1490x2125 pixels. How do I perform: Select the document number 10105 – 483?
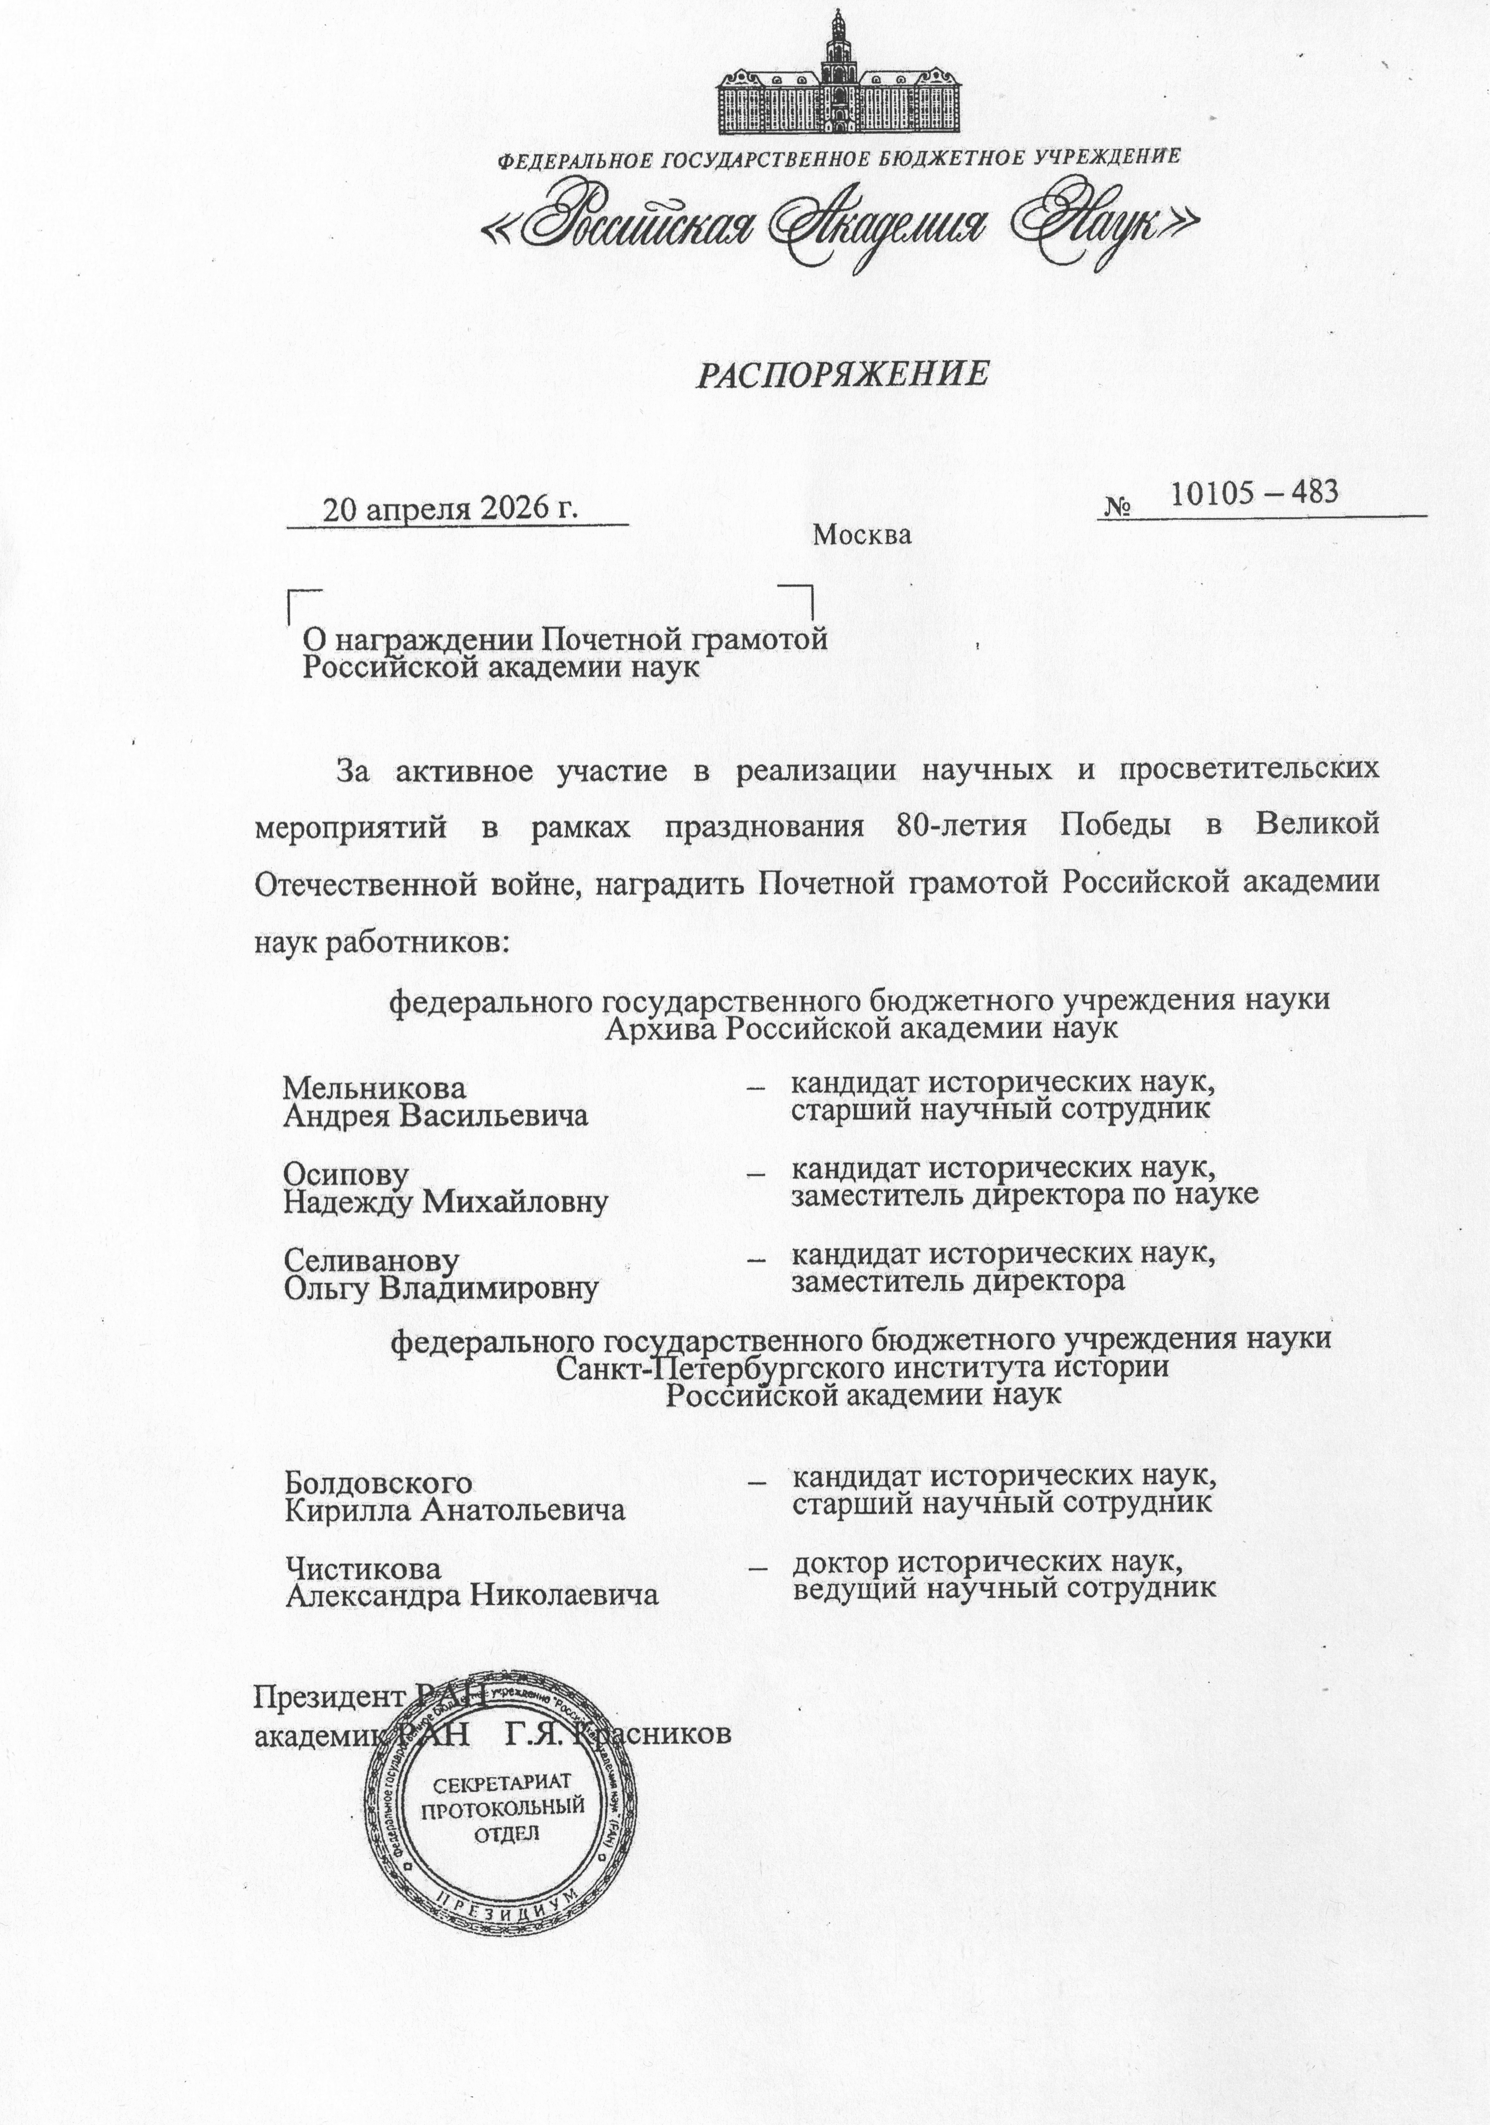pyautogui.click(x=1254, y=492)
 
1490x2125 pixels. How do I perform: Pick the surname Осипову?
pyautogui.click(x=345, y=1174)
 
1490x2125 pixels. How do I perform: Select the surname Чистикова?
pyautogui.click(x=363, y=1569)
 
